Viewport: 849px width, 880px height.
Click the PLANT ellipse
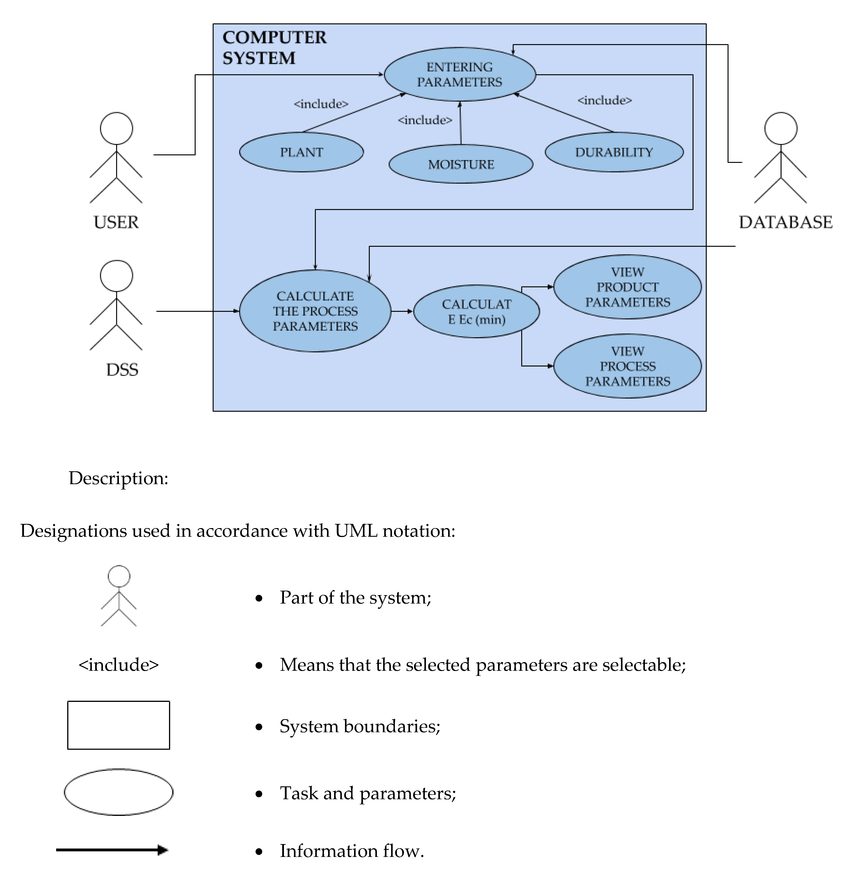coord(301,152)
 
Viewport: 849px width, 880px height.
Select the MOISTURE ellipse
coord(461,164)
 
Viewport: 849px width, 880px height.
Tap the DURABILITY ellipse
coord(614,152)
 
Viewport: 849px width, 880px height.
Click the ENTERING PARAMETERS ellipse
coord(459,75)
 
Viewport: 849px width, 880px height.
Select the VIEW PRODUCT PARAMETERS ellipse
coord(627,287)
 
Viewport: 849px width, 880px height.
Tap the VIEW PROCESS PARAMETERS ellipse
coord(627,366)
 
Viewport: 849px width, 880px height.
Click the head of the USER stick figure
coord(116,128)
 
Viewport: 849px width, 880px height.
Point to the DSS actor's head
coord(116,276)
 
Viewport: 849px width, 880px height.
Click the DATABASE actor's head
coord(781,128)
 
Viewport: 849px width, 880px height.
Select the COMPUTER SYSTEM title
coord(274,47)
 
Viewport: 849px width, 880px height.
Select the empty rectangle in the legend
coord(118,725)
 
